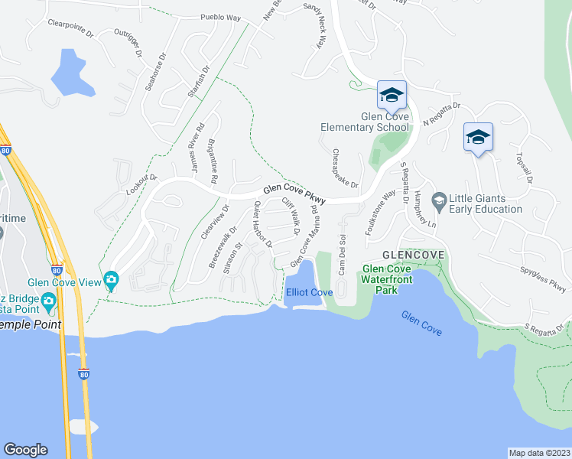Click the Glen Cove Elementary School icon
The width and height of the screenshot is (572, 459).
tap(392, 96)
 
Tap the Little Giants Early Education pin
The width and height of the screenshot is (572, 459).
tap(439, 201)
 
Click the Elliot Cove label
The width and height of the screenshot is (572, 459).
tap(309, 293)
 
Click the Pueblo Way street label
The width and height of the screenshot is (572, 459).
tap(220, 16)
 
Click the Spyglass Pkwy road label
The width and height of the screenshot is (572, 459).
tap(541, 281)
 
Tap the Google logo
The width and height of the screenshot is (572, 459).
tap(25, 450)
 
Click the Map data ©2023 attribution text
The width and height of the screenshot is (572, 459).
tap(540, 453)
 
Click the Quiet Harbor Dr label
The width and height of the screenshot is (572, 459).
tap(262, 225)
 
